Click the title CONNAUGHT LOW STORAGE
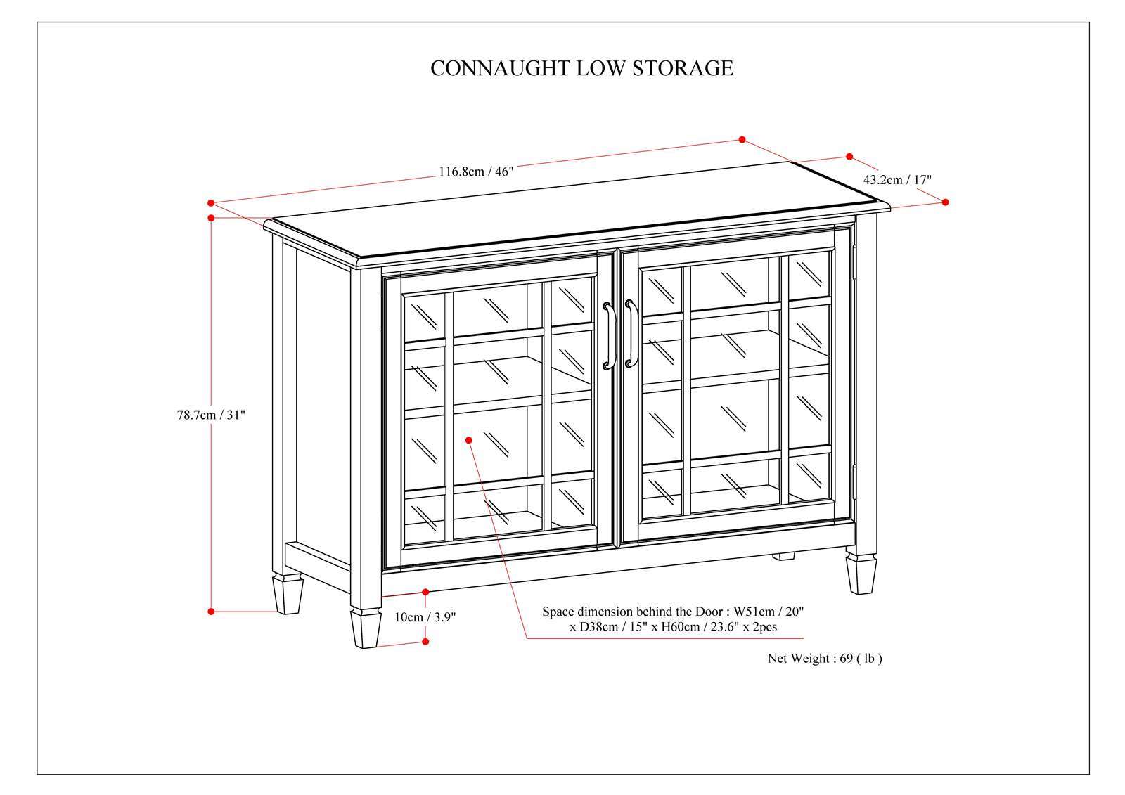[581, 68]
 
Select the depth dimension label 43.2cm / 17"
[897, 180]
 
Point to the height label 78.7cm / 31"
[210, 415]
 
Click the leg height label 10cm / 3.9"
[425, 617]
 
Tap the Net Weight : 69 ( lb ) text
[823, 659]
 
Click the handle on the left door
[609, 335]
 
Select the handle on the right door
[630, 334]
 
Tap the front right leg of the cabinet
[861, 572]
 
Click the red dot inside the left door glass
[469, 440]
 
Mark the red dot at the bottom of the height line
[211, 612]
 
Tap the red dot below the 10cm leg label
[425, 641]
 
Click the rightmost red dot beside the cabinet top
[945, 202]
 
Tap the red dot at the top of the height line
[211, 218]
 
